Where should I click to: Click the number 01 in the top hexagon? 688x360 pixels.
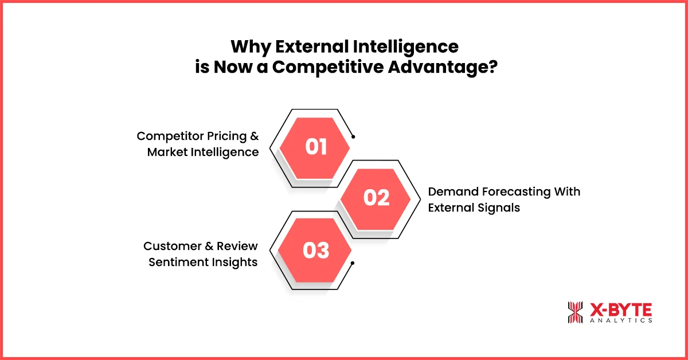click(x=316, y=147)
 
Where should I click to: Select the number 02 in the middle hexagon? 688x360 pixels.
click(x=377, y=198)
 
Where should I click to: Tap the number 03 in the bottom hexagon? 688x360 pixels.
click(x=316, y=250)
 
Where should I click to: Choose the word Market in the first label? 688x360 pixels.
click(x=167, y=152)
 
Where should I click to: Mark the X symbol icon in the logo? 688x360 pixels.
click(x=576, y=312)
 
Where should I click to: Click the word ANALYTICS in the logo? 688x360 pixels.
click(x=620, y=321)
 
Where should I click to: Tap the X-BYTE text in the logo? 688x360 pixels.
click(x=620, y=310)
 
